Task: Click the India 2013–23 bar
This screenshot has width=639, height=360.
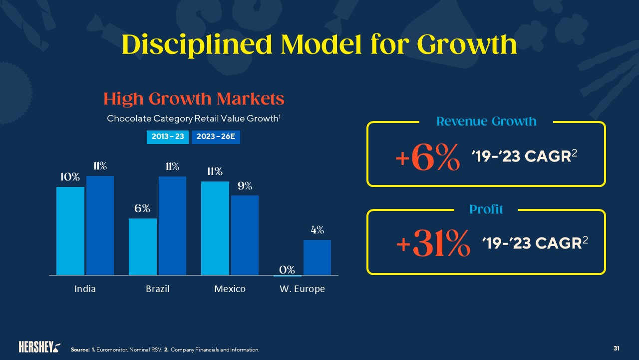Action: [70, 231]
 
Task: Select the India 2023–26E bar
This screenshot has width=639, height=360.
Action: [100, 225]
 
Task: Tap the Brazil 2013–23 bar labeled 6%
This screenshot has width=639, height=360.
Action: [142, 246]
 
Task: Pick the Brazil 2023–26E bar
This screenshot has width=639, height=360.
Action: [172, 225]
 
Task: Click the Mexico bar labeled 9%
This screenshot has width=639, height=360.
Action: [245, 235]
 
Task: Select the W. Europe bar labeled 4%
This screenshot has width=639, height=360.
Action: [317, 257]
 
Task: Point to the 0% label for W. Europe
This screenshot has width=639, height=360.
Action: [287, 269]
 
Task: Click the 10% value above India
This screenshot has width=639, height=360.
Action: [70, 177]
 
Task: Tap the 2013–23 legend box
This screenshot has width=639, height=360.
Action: [168, 137]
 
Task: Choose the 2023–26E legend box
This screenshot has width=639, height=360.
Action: [216, 137]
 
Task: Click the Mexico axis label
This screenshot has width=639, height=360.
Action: [230, 289]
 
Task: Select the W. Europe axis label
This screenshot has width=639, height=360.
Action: [302, 289]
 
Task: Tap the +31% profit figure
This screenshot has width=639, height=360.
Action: [433, 244]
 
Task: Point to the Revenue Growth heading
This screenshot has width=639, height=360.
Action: [486, 121]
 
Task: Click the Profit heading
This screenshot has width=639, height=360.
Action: [486, 209]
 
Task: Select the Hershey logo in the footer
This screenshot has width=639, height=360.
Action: [39, 347]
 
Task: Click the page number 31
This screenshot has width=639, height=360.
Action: [617, 348]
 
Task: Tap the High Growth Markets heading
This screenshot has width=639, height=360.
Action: [194, 99]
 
